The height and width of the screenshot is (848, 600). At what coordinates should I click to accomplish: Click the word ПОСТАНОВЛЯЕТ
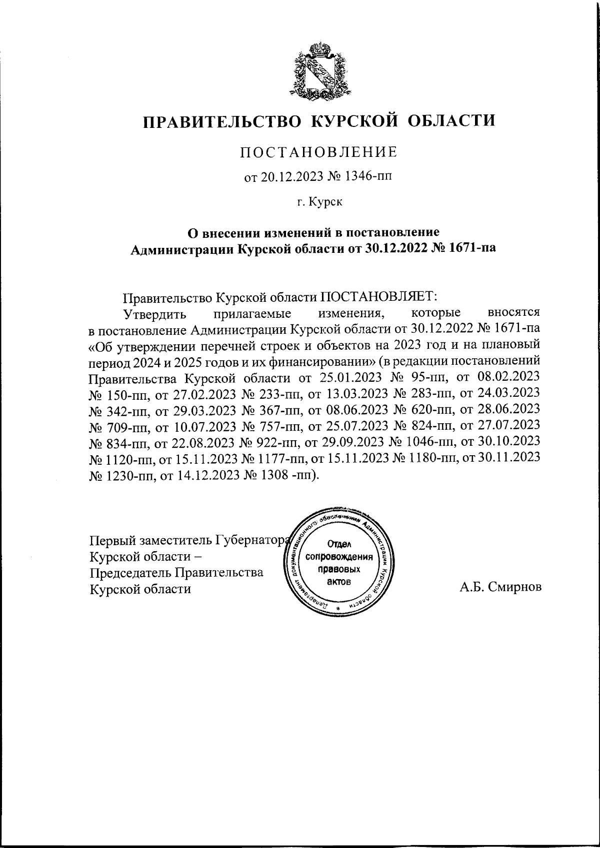[x=378, y=297]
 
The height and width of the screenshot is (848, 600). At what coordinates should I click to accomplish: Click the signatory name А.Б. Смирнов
[x=500, y=588]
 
